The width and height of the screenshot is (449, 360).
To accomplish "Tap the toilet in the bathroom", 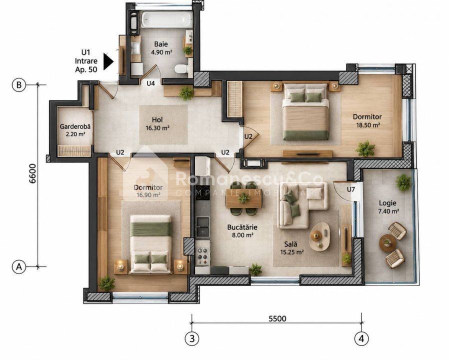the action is (181, 68).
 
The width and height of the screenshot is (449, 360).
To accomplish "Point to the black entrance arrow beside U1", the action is (108, 61).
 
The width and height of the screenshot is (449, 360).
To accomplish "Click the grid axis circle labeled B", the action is (19, 85).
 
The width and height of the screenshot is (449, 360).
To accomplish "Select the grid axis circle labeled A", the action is (19, 267).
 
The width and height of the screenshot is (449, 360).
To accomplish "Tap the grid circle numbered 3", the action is (192, 339).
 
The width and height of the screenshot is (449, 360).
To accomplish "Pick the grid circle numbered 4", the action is (361, 339).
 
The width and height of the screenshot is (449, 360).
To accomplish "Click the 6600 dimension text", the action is (32, 173).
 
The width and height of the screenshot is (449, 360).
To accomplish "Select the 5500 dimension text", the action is (277, 318).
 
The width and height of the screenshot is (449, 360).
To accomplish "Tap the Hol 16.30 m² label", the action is (157, 123).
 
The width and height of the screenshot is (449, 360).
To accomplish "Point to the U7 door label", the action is (351, 189).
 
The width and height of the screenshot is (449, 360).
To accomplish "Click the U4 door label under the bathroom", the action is (151, 83).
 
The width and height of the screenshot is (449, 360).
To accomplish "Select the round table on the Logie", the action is (387, 243).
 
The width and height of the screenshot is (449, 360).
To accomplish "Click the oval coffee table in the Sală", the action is (320, 236).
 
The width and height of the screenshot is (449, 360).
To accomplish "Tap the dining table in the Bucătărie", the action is (243, 198).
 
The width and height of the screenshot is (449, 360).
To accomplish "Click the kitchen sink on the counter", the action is (202, 227).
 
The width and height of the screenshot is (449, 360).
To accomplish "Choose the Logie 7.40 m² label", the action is (387, 207).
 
